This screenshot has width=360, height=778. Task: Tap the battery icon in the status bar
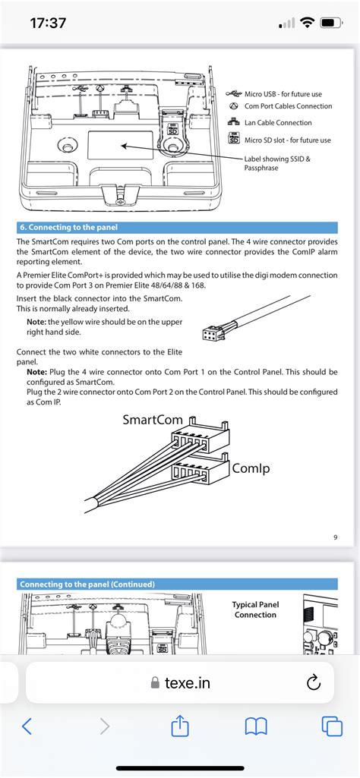(330, 23)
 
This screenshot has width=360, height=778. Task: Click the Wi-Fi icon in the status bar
(308, 23)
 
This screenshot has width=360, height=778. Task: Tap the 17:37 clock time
(48, 23)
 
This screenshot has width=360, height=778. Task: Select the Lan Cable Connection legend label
(278, 122)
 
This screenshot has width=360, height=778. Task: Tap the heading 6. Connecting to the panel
(68, 228)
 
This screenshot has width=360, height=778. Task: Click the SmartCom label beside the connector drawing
(153, 420)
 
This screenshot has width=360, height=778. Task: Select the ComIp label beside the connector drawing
(251, 468)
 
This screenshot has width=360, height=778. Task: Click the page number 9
(336, 537)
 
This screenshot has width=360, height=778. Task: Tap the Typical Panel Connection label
(255, 609)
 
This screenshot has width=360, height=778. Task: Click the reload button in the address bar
(314, 683)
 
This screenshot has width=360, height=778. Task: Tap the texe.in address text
(187, 683)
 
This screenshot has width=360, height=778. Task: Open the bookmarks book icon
(256, 727)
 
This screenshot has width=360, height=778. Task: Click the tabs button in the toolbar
(332, 727)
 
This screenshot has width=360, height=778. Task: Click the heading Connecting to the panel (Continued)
(87, 584)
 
